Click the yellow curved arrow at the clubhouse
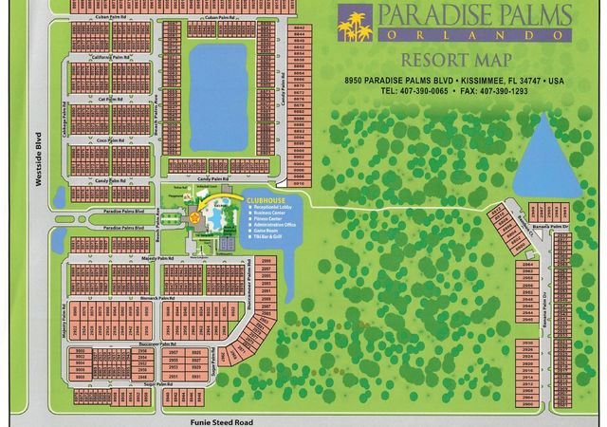click(x=211, y=205)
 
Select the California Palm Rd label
click(x=108, y=58)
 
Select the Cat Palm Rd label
click(x=109, y=99)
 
